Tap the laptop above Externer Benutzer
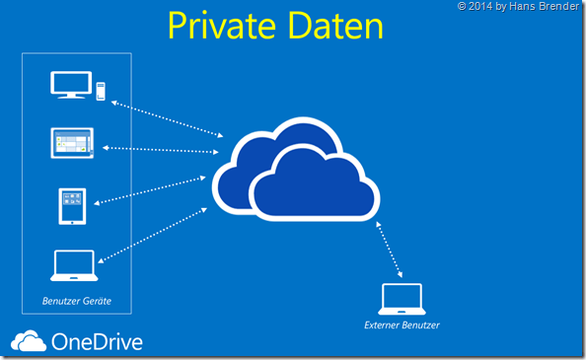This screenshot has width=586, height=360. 401,299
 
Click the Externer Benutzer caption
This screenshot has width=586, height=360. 402,324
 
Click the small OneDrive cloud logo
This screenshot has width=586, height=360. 28,341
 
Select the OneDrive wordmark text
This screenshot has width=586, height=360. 96,342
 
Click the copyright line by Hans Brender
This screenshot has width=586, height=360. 520,7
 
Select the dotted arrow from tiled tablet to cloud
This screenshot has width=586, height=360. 159,150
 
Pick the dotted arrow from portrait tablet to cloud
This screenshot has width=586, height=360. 153,189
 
